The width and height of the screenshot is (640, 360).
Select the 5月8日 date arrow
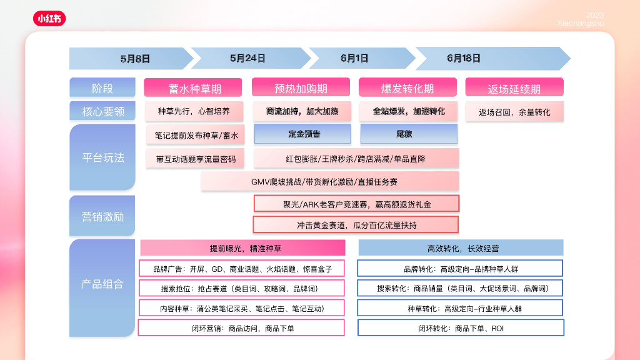[135, 59]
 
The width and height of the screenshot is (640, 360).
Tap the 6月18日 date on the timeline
[464, 58]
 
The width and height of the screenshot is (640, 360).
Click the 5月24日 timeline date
[247, 58]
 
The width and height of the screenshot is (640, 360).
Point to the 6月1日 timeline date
[354, 58]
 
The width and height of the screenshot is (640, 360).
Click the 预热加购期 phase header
[301, 88]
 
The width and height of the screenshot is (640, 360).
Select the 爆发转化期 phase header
[407, 88]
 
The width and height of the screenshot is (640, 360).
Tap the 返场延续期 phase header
[514, 88]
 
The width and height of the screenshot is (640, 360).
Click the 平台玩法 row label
[103, 157]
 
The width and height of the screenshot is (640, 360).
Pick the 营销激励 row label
[103, 216]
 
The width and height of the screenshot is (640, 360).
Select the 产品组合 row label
[103, 284]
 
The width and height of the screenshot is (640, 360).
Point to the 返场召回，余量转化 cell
[514, 112]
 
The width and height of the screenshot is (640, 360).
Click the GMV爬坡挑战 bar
[330, 181]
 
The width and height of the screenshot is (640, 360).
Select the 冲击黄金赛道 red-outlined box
[356, 224]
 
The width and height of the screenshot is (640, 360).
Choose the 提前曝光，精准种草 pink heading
[242, 247]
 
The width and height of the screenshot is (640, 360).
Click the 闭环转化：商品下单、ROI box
[461, 327]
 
